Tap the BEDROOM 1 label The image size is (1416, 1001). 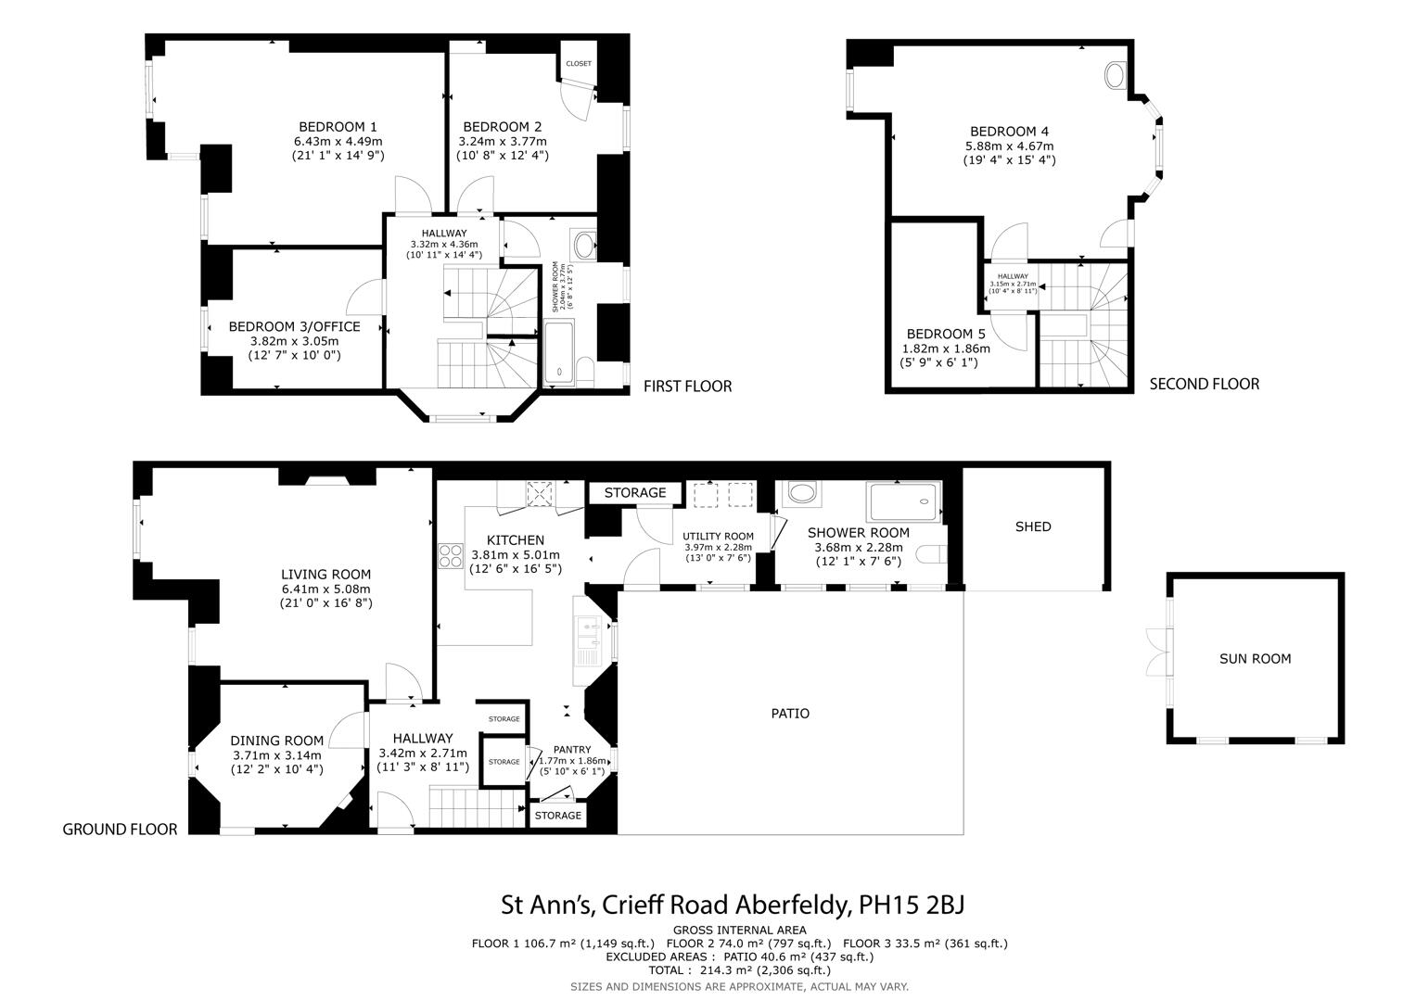tap(338, 127)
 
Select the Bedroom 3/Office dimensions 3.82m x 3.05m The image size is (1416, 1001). tap(294, 341)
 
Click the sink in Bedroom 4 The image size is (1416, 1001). tap(1116, 75)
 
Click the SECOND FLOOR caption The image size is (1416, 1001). tap(1204, 384)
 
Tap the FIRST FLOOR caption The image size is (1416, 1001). tap(687, 386)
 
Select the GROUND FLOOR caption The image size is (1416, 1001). tap(120, 830)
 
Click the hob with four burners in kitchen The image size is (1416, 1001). tap(451, 555)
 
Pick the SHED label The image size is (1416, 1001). tap(1033, 526)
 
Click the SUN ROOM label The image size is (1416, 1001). tap(1255, 659)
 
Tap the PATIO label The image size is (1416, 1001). tap(790, 714)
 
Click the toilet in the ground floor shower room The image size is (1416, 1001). tap(931, 554)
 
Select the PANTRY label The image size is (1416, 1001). tap(572, 749)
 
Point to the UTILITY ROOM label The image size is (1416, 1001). tap(718, 536)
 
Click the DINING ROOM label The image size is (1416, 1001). tap(276, 741)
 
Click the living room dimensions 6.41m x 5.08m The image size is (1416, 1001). tap(325, 589)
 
